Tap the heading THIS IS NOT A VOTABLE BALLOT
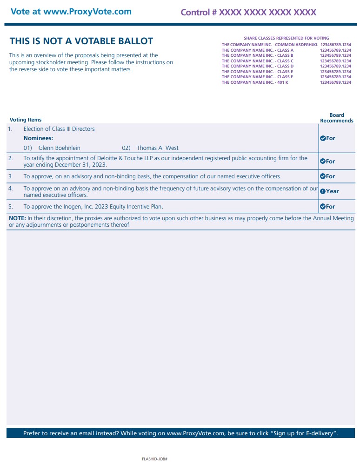click(x=81, y=41)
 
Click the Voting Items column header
click(x=26, y=120)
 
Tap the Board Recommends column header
click(x=336, y=118)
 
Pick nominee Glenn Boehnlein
click(x=59, y=148)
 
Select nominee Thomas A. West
click(x=157, y=148)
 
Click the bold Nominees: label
click(x=38, y=138)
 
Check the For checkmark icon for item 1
click(x=323, y=138)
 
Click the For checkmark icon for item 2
click(x=323, y=162)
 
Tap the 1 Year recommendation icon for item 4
click(x=323, y=191)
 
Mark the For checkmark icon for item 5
click(x=323, y=207)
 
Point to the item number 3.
click(x=11, y=176)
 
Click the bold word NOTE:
click(x=17, y=218)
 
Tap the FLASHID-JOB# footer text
click(x=154, y=459)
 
